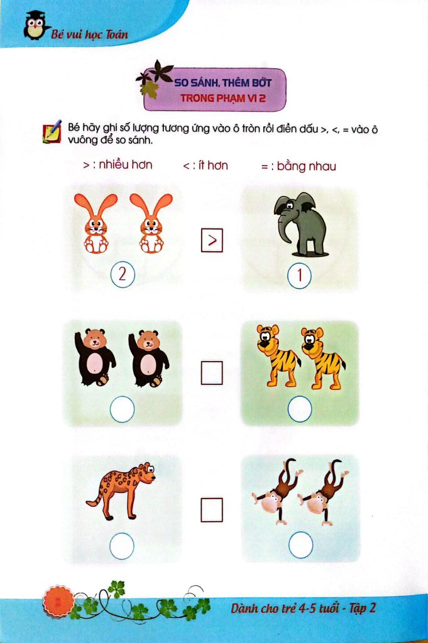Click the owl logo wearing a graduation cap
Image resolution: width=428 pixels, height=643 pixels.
34,26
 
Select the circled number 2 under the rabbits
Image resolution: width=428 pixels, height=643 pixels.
123,274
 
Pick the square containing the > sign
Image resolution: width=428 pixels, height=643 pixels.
212,240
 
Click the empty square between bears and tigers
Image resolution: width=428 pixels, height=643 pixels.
212,373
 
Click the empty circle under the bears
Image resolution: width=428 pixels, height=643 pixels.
123,411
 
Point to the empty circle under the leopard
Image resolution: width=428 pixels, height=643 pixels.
122,546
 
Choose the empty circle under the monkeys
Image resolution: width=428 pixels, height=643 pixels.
300,546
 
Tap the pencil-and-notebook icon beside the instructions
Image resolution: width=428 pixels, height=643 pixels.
51,131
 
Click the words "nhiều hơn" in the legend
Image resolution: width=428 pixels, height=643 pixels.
126,166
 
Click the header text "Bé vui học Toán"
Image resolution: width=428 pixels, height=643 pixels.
89,34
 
